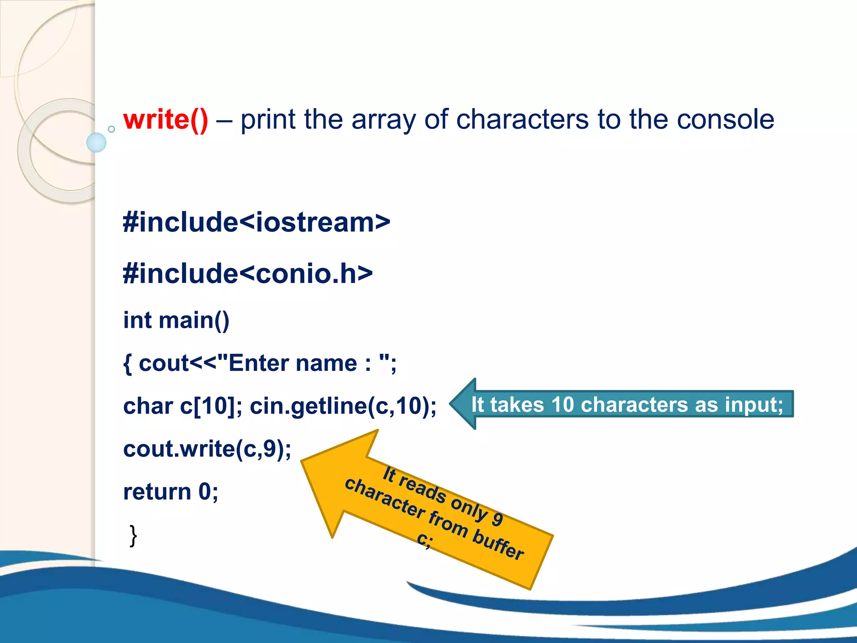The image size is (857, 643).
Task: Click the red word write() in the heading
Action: coord(165,120)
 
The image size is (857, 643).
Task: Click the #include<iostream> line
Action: coord(256,222)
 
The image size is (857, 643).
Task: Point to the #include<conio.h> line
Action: coord(247,274)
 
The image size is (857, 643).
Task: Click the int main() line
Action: coord(176,321)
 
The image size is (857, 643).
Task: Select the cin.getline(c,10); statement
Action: coord(343,406)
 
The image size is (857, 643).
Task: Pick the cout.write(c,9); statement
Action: coord(207,449)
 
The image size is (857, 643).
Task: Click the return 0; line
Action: coord(170,491)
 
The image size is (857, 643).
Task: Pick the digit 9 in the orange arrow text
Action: coord(497,519)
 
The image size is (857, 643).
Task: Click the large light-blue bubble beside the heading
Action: coord(96,142)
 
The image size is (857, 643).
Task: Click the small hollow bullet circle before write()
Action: coord(111,129)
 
